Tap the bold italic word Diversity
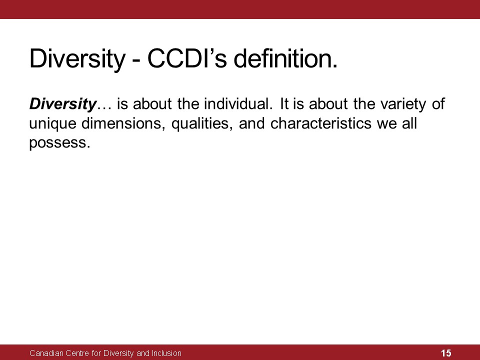63,104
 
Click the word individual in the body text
238,104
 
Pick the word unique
52,124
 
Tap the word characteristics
321,123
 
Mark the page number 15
446,353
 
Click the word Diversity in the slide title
77,59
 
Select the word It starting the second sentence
284,104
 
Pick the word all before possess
409,123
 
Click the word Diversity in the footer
118,353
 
